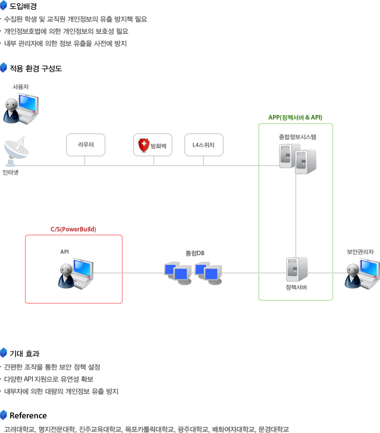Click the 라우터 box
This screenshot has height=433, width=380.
coord(85,145)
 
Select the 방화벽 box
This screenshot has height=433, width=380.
coord(153,145)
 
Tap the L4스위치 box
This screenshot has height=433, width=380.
coord(203,145)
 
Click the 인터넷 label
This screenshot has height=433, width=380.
coord(11,173)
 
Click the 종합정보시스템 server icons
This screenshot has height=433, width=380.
coord(297,158)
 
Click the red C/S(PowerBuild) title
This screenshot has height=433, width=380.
coord(73,229)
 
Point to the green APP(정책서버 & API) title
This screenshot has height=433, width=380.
coord(295,117)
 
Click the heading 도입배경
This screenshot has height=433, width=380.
coord(23,7)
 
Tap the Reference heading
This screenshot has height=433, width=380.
coord(28,416)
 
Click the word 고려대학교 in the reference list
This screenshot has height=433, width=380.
coord(19,429)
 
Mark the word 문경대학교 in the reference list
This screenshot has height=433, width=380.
coord(273,429)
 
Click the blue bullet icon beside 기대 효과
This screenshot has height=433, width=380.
coord(4,353)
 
